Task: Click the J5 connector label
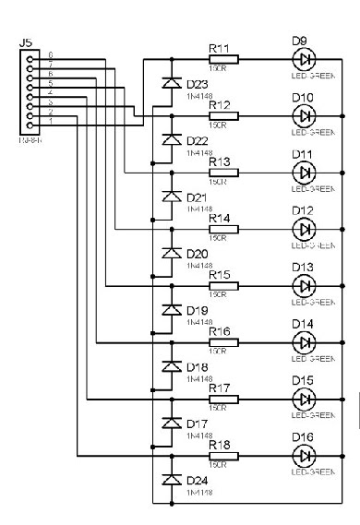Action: pos(26,42)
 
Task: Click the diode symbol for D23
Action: pos(170,83)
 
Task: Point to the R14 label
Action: pos(219,218)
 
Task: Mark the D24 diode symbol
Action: pos(170,480)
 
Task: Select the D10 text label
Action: pos(303,98)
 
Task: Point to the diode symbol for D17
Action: pos(170,423)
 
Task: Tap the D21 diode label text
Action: pos(198,197)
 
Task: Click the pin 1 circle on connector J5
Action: pos(31,125)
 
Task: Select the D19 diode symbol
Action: pos(170,309)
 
